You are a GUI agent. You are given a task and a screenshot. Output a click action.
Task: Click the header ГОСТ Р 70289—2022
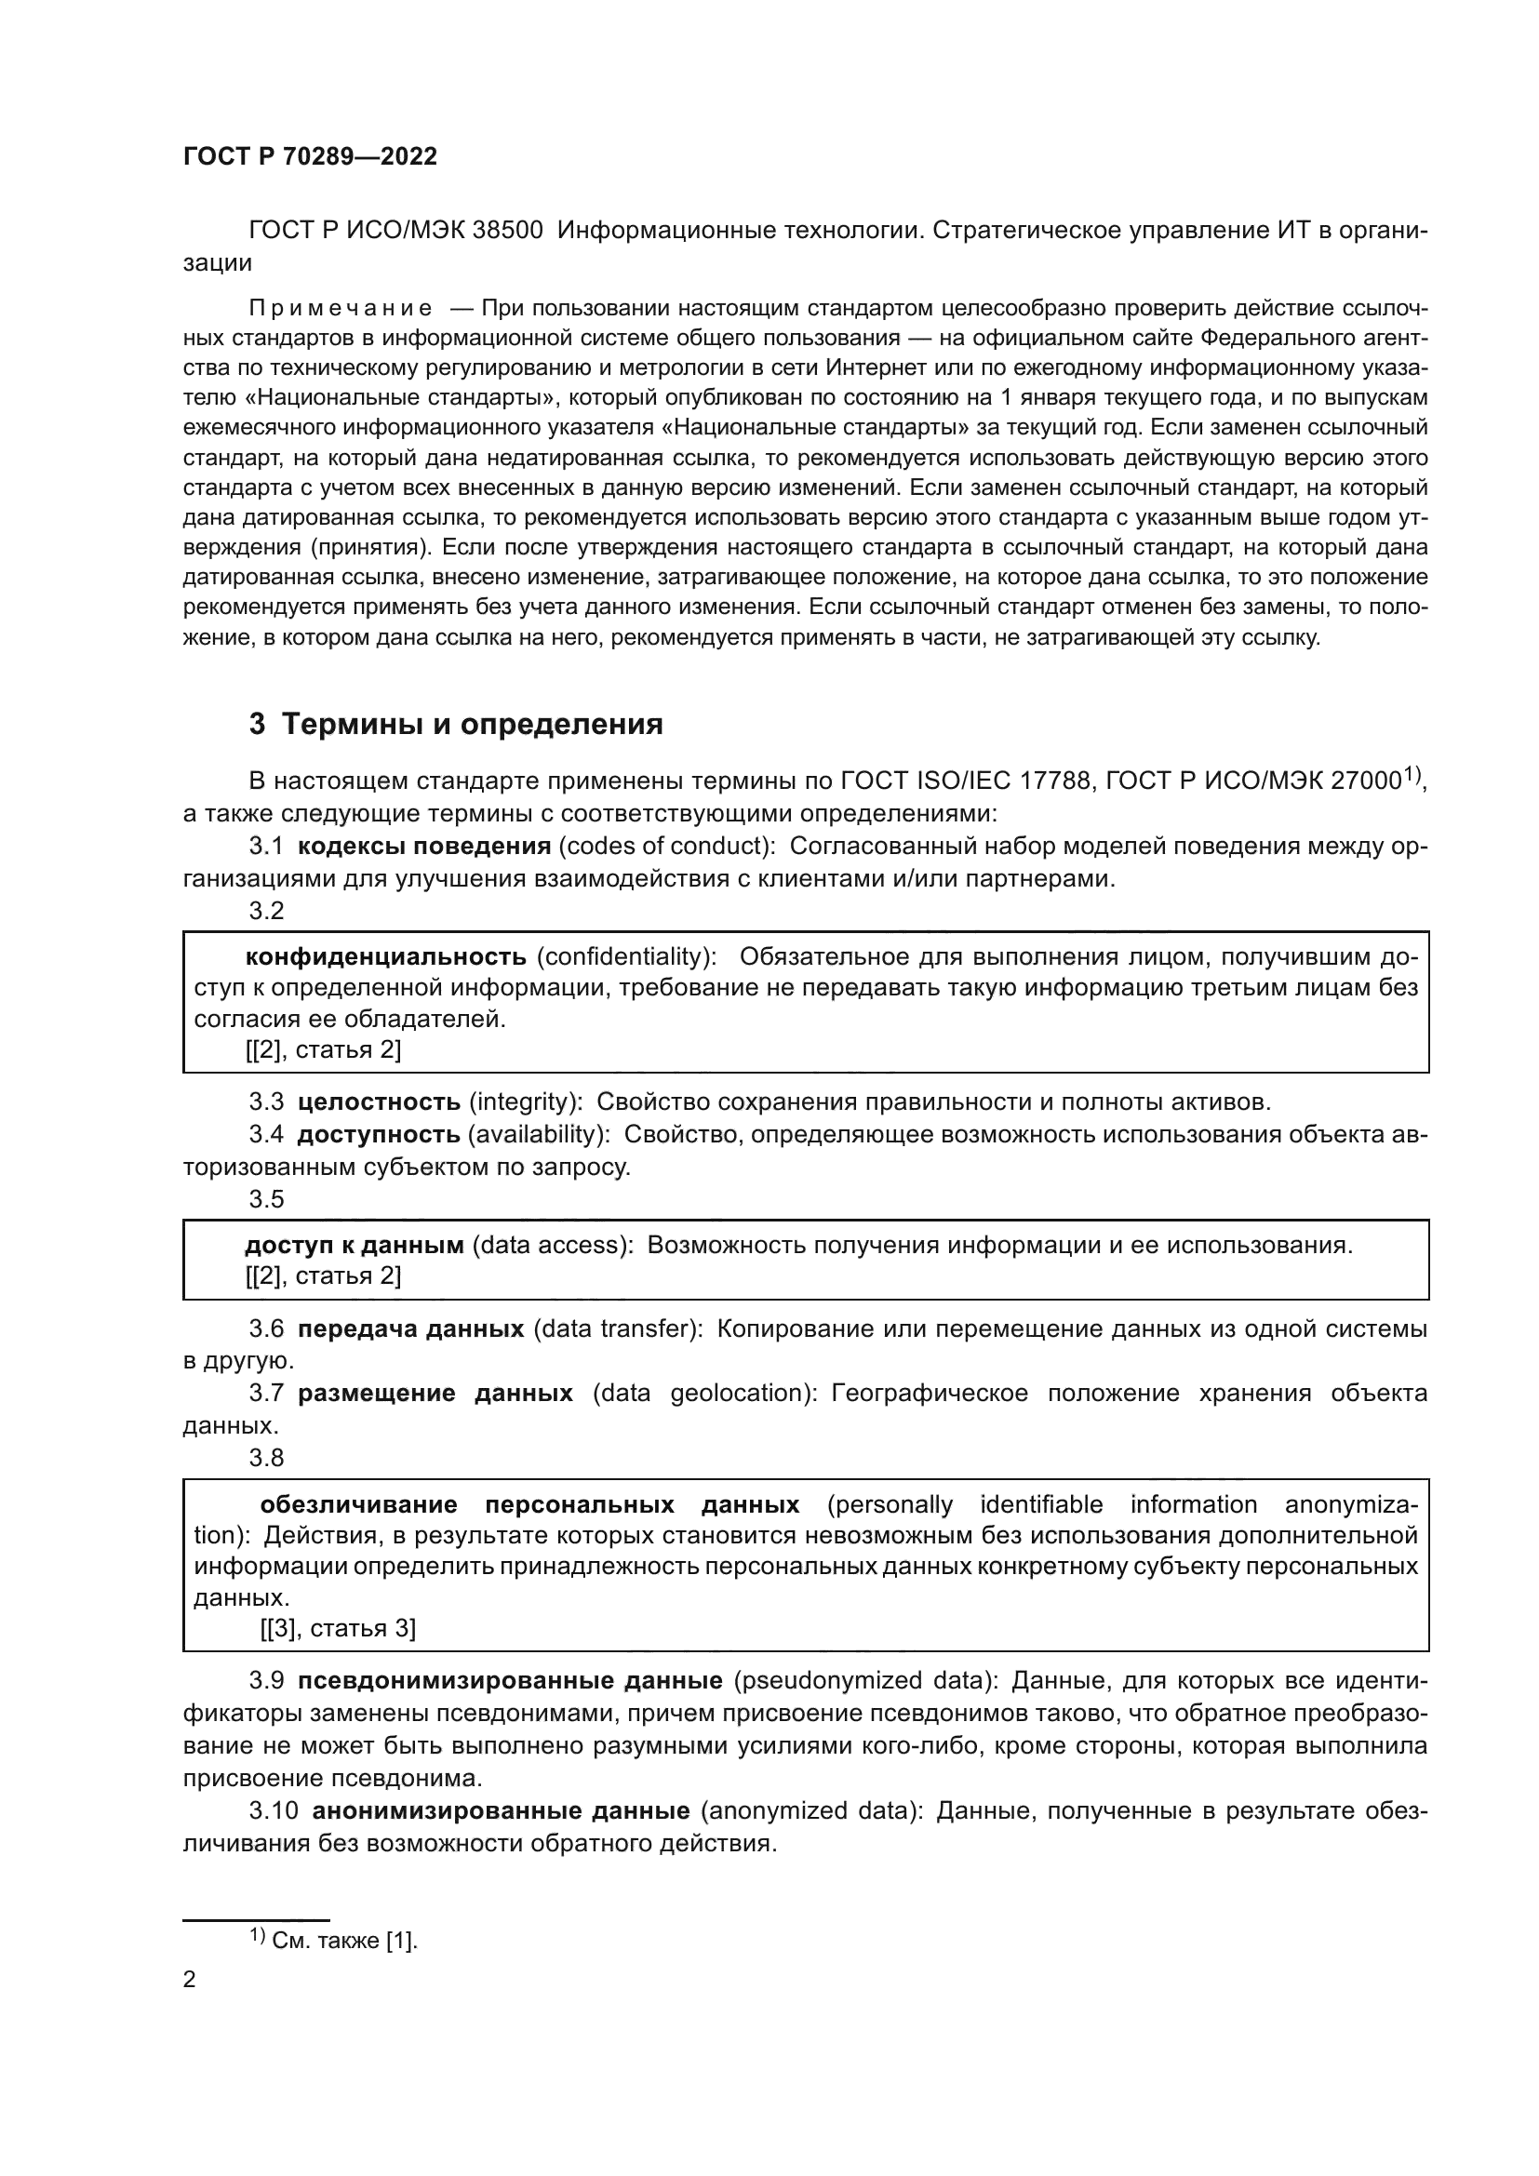click(x=310, y=157)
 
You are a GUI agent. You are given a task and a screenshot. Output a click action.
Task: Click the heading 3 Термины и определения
click(x=456, y=725)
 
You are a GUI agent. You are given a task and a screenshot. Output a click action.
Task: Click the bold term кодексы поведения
click(x=423, y=847)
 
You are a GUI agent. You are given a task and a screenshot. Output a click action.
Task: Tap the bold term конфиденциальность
click(x=386, y=956)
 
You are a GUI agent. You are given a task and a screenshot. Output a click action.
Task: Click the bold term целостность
click(x=379, y=1102)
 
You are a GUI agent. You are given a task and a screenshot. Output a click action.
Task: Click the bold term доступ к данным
click(x=355, y=1246)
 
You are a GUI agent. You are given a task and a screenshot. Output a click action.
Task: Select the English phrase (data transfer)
click(x=617, y=1329)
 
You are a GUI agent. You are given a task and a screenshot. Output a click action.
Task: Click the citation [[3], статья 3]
click(x=338, y=1628)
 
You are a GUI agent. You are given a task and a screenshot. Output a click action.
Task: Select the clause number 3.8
click(x=266, y=1458)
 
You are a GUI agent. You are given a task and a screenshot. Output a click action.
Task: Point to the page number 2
click(x=190, y=1979)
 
